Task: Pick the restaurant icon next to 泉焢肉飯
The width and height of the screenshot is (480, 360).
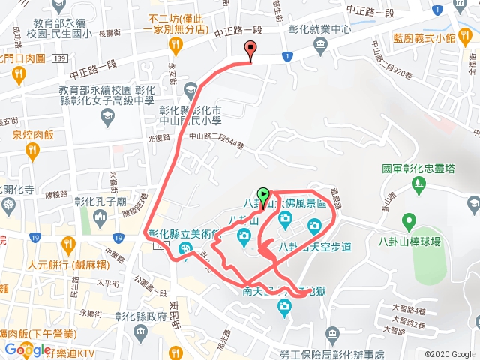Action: (32, 151)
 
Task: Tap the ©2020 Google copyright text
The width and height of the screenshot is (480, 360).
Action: (448, 353)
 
